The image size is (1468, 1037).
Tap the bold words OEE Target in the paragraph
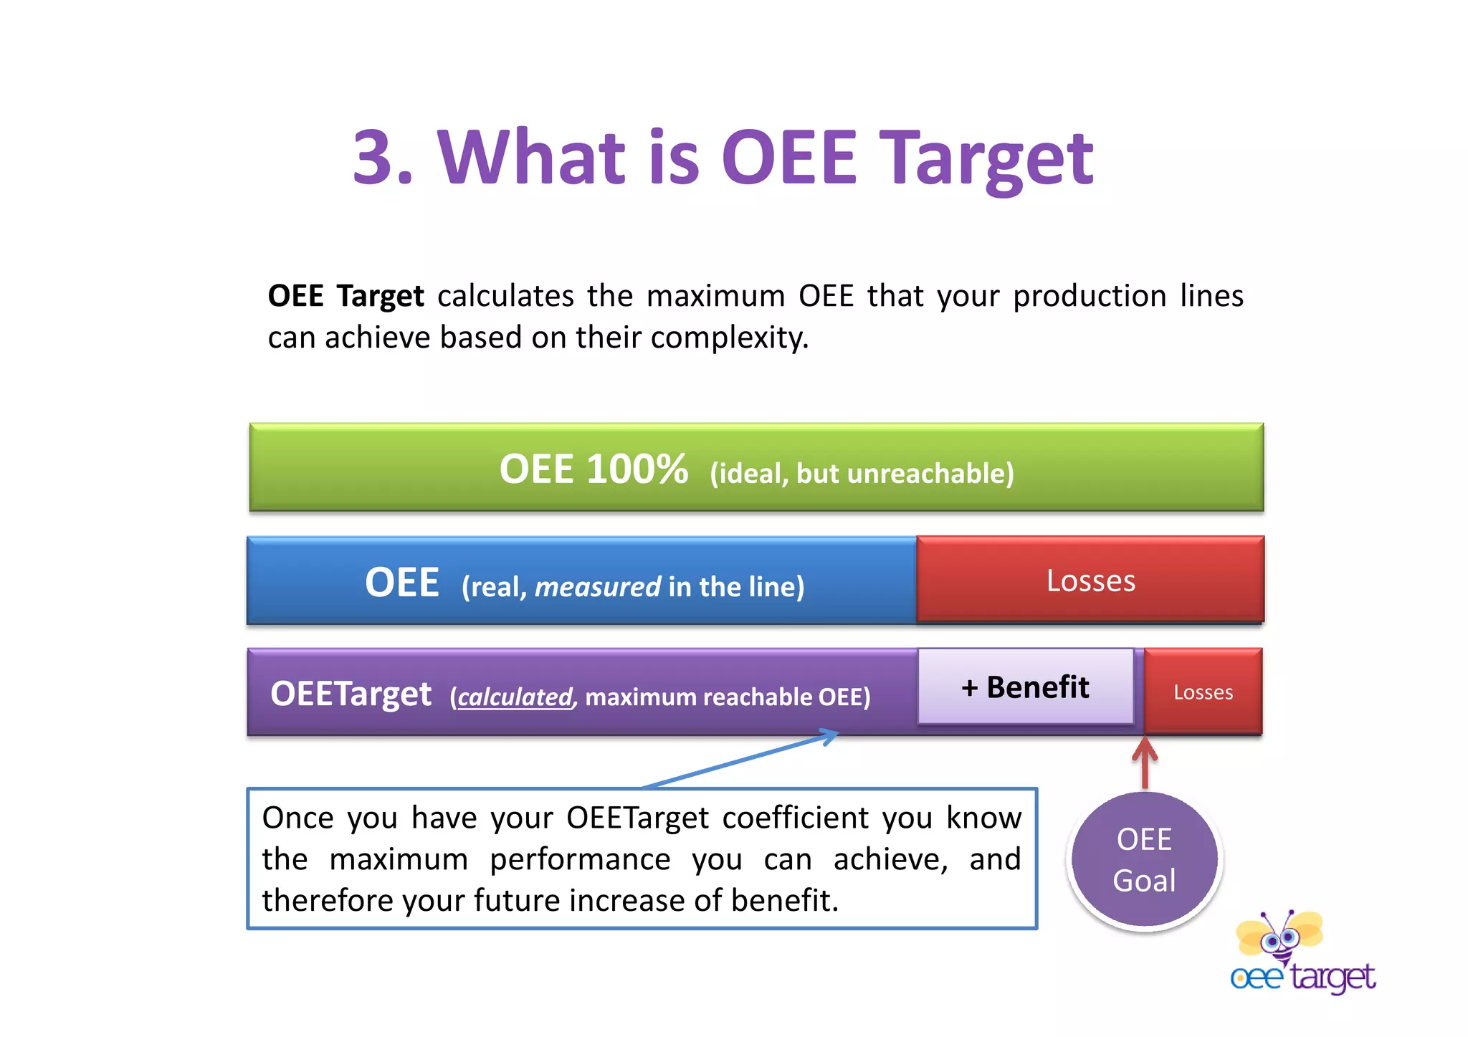click(x=345, y=296)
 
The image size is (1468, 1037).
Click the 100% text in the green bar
click(x=637, y=470)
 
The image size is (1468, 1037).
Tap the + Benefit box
click(x=1025, y=687)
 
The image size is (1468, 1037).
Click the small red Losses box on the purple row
click(x=1203, y=692)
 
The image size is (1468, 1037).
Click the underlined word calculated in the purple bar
click(x=515, y=697)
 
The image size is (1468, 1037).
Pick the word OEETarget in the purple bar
click(x=351, y=694)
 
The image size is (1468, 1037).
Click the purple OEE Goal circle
click(x=1144, y=860)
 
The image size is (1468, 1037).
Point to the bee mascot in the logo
click(x=1279, y=935)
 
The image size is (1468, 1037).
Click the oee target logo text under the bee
click(x=1302, y=978)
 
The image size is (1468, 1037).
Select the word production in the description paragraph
click(x=1090, y=296)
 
